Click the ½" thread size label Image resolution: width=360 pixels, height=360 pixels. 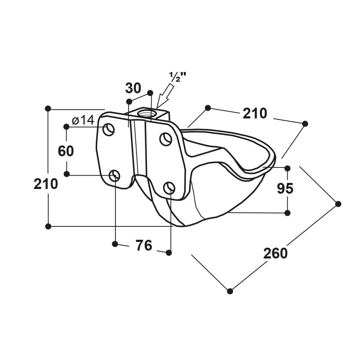pyautogui.click(x=177, y=77)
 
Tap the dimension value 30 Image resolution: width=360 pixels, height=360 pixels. pyautogui.click(x=133, y=89)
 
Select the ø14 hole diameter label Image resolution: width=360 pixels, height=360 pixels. pyautogui.click(x=83, y=120)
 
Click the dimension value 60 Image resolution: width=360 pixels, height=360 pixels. pyautogui.click(x=66, y=151)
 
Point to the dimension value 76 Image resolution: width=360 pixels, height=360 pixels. pyautogui.click(x=144, y=245)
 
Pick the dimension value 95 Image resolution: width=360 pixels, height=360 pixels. pyautogui.click(x=285, y=188)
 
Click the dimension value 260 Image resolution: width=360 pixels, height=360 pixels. pyautogui.click(x=275, y=253)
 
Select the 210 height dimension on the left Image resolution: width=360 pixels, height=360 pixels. pyautogui.click(x=46, y=184)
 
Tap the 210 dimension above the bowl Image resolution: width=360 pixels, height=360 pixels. pyautogui.click(x=255, y=113)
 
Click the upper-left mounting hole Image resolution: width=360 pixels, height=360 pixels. pyautogui.click(x=109, y=130)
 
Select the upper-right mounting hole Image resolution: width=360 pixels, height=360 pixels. pyautogui.click(x=166, y=139)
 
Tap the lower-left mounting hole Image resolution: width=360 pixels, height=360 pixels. pyautogui.click(x=114, y=176)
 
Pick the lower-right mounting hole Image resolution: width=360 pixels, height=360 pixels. pyautogui.click(x=169, y=188)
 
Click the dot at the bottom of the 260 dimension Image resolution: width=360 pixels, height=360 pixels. pyautogui.click(x=230, y=291)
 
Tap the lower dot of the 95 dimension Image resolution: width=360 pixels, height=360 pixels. pyautogui.click(x=287, y=213)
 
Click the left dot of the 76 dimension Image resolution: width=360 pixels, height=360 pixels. pyautogui.click(x=115, y=244)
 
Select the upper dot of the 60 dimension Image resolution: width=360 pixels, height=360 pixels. pyautogui.click(x=66, y=126)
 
